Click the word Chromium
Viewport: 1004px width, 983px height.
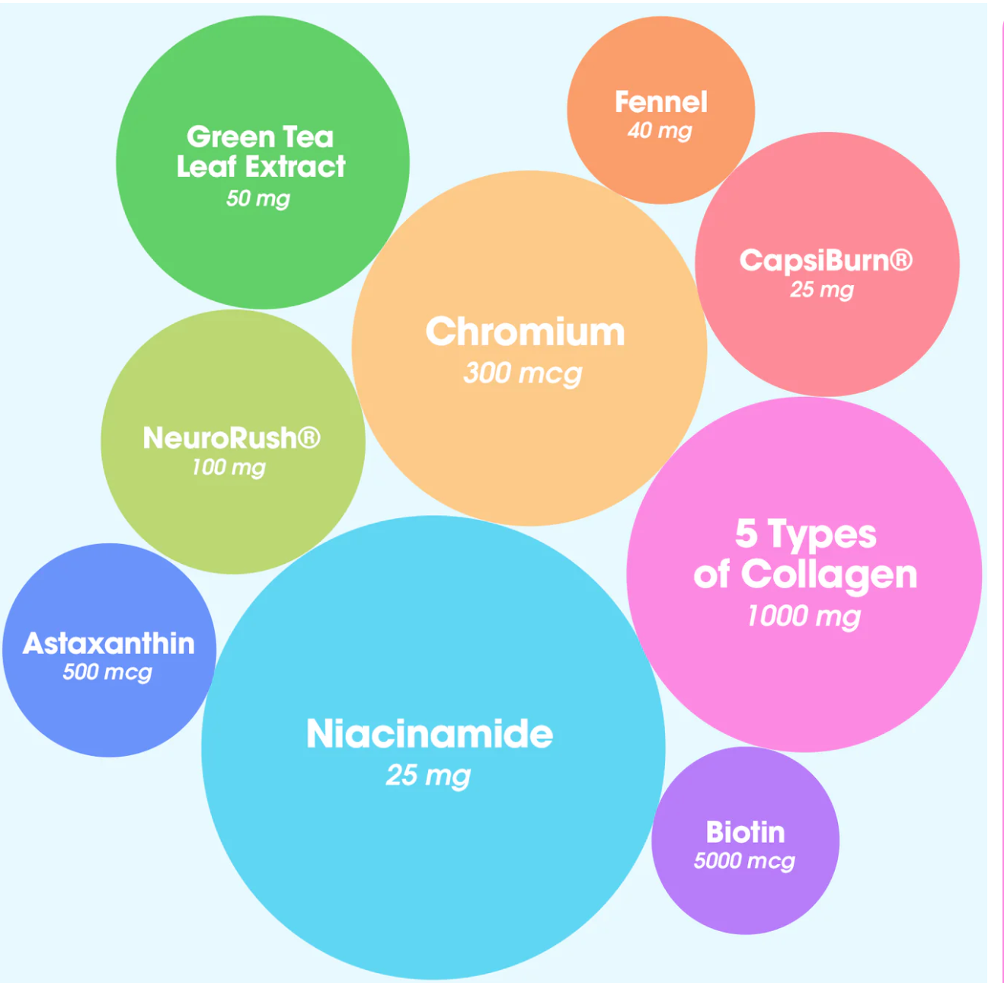[525, 332]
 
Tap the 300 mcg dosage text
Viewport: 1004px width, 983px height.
[523, 373]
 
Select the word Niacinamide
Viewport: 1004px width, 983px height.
[430, 734]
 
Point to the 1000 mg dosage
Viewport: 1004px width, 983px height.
[804, 615]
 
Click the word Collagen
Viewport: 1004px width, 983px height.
[829, 574]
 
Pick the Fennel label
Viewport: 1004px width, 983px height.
[661, 102]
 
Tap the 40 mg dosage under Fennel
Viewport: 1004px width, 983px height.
[660, 130]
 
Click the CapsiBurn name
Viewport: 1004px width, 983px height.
[814, 261]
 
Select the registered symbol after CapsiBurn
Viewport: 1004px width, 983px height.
[901, 260]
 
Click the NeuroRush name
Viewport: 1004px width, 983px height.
[219, 438]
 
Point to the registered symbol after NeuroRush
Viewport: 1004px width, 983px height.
[309, 437]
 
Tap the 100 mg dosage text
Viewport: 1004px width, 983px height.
[229, 466]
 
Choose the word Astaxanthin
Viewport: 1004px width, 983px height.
[109, 643]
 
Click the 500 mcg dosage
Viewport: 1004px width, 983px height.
[107, 671]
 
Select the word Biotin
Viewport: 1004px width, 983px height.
[745, 832]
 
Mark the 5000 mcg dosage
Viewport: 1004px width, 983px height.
[744, 860]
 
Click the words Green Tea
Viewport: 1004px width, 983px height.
[261, 137]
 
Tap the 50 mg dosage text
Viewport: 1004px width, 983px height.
[258, 198]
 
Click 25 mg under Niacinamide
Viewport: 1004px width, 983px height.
[428, 775]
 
